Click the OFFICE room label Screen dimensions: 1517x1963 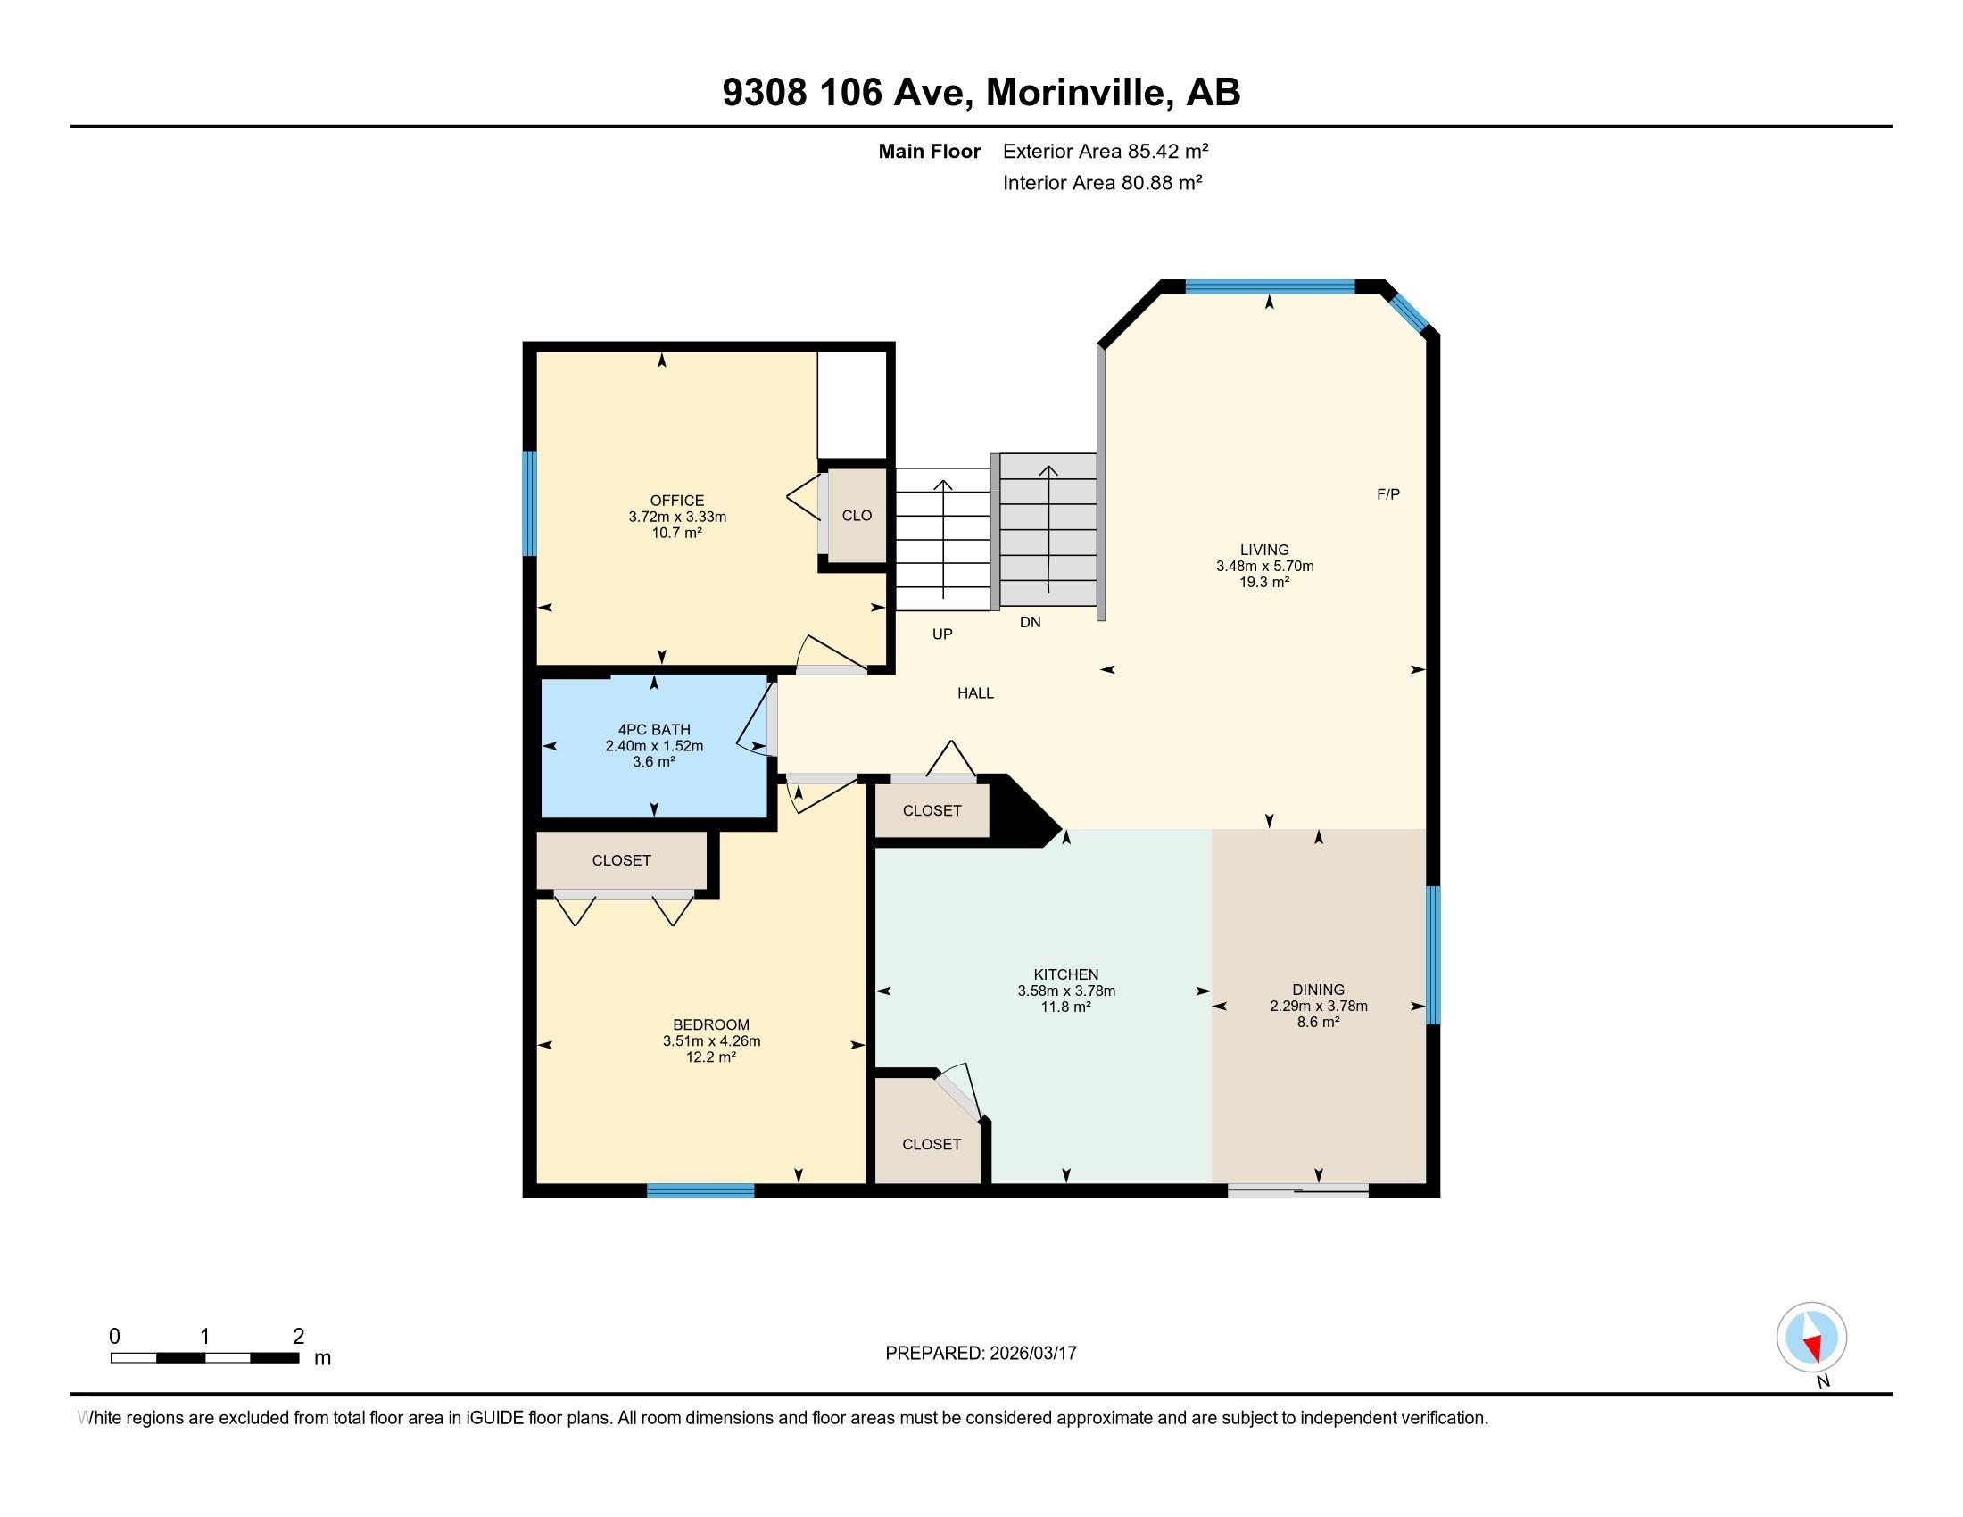click(677, 501)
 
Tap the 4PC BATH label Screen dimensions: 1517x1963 click(653, 730)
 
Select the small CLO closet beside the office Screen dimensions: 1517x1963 click(857, 516)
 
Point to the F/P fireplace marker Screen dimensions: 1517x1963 click(1387, 494)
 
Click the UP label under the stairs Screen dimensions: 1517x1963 click(942, 634)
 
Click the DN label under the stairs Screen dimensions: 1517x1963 click(1030, 622)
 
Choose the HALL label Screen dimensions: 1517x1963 click(975, 692)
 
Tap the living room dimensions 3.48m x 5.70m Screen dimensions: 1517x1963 click(1264, 566)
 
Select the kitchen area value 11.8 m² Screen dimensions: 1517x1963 click(1066, 1007)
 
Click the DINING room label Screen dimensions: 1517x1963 click(1319, 990)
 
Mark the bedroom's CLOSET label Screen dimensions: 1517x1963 click(621, 860)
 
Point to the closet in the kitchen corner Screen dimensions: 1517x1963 click(932, 1144)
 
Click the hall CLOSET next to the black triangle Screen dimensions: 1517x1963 click(932, 810)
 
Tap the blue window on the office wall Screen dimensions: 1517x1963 click(529, 503)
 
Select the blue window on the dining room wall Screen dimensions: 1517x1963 click(1434, 956)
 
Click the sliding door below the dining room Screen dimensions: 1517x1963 click(1298, 1191)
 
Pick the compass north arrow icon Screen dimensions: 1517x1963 click(1811, 1338)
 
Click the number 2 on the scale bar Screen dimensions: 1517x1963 click(298, 1337)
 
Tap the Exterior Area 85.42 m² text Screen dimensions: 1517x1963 click(1105, 151)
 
